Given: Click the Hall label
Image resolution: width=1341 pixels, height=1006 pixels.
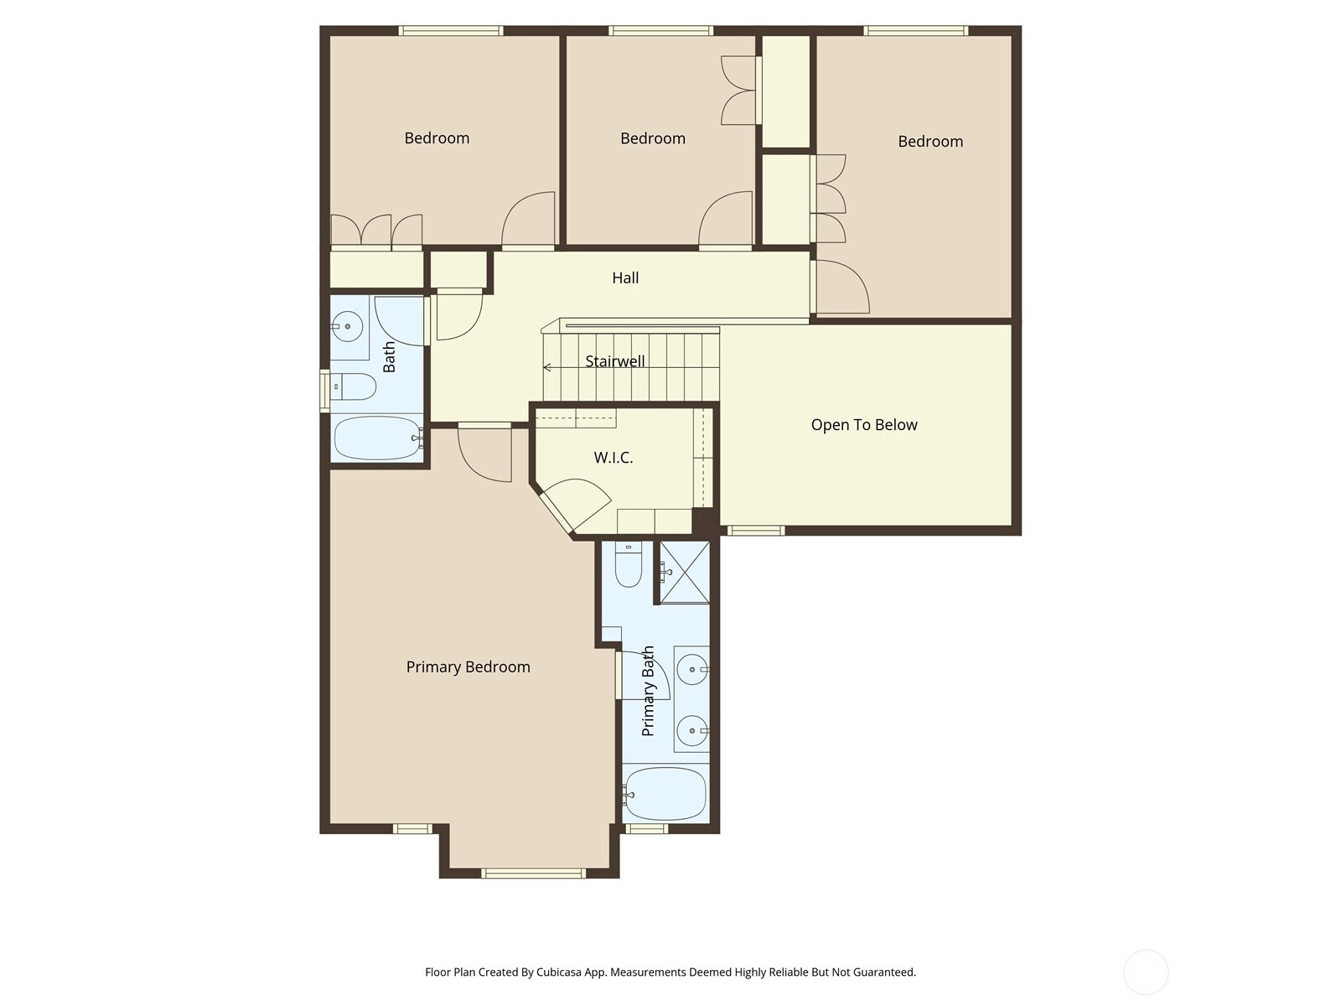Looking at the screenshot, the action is (x=625, y=278).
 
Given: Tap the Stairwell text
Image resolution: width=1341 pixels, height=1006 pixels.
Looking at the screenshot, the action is (x=614, y=361).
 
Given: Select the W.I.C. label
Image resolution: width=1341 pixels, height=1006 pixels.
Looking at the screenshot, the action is (x=613, y=458).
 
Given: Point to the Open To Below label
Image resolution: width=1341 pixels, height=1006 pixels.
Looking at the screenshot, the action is (x=864, y=425).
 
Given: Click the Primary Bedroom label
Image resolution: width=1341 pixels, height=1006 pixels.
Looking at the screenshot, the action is (x=468, y=667).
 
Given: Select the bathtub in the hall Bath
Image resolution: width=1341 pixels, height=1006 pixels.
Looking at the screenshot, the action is (x=377, y=438).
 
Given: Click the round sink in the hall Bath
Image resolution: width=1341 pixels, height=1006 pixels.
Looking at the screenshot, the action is (x=347, y=326).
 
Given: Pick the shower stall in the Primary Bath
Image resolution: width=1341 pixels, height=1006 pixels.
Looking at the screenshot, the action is (x=685, y=573).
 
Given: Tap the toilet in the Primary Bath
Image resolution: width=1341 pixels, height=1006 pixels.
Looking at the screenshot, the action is (x=628, y=564).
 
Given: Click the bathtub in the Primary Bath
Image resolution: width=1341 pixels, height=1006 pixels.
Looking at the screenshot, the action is (x=666, y=794).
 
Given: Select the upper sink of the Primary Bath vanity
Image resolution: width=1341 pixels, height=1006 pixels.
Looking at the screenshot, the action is (x=693, y=670).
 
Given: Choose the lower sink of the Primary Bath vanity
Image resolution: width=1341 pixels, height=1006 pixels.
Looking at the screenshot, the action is (x=693, y=730).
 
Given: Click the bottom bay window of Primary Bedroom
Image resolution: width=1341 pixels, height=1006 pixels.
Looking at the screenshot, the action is (x=533, y=874).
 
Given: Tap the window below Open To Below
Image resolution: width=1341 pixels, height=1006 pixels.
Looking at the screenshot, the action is (x=756, y=531).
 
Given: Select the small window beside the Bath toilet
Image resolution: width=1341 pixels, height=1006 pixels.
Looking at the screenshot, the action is (x=325, y=391).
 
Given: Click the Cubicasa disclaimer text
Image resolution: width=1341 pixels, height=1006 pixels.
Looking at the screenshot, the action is (x=670, y=972).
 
